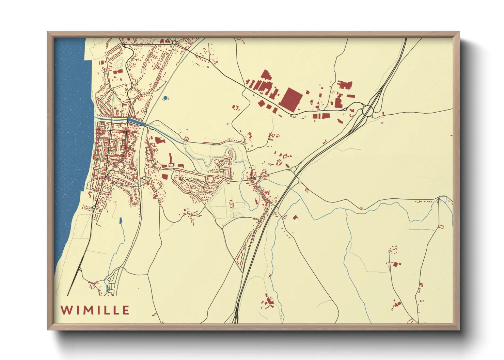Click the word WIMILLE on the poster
[x=95, y=310]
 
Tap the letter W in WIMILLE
[x=66, y=310]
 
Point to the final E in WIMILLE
[x=126, y=310]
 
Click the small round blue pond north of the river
[x=165, y=98]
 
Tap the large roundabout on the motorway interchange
[x=368, y=111]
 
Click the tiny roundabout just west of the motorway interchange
[x=345, y=110]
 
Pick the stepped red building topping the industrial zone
[x=266, y=76]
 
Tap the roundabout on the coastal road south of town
[x=94, y=207]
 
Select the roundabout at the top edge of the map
[x=174, y=42]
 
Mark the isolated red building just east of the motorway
[x=295, y=217]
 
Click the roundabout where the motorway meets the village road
[x=294, y=169]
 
